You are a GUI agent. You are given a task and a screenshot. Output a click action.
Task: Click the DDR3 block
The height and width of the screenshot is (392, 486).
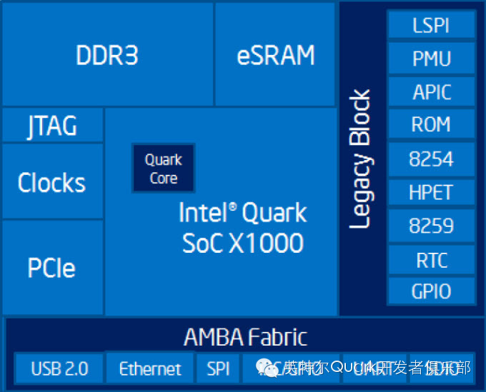(x=107, y=54)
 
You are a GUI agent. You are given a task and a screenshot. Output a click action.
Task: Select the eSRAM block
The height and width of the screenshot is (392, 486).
(x=275, y=54)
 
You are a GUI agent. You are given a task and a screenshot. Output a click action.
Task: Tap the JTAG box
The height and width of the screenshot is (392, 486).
(x=52, y=126)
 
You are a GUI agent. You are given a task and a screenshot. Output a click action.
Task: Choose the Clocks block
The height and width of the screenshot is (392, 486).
(x=52, y=182)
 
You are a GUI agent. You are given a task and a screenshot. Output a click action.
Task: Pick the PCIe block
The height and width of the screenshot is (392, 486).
(x=52, y=268)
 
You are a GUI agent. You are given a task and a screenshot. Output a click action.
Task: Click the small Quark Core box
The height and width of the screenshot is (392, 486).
(x=163, y=169)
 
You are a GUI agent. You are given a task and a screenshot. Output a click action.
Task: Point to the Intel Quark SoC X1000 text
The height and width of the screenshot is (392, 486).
(x=243, y=228)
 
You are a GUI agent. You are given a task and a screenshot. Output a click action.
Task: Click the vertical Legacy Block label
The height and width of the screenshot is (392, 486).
(x=361, y=159)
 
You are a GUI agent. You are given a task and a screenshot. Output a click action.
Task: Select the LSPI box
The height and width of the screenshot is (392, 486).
(x=431, y=25)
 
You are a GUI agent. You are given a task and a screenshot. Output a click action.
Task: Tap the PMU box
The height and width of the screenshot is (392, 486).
(x=431, y=58)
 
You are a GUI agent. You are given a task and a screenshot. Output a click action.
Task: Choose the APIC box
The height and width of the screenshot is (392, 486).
(x=431, y=91)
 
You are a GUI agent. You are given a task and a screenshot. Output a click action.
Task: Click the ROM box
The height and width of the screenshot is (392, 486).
(x=431, y=124)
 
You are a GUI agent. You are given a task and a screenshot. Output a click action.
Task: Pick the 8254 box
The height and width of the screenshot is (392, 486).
(x=431, y=159)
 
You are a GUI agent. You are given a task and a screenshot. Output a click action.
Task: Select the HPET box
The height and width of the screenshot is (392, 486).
(x=431, y=192)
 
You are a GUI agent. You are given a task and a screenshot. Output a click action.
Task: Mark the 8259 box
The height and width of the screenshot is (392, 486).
(x=431, y=226)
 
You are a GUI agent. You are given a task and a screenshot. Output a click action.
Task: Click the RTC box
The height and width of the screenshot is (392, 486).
(x=431, y=259)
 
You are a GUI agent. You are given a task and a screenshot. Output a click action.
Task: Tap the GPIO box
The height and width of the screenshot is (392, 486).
(x=431, y=291)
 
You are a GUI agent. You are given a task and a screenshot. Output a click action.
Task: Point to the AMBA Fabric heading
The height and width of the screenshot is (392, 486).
(x=245, y=336)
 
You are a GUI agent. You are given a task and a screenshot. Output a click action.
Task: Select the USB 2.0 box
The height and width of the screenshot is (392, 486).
(x=59, y=368)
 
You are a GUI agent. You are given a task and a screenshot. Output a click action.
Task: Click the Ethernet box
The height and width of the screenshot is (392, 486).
(x=150, y=368)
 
